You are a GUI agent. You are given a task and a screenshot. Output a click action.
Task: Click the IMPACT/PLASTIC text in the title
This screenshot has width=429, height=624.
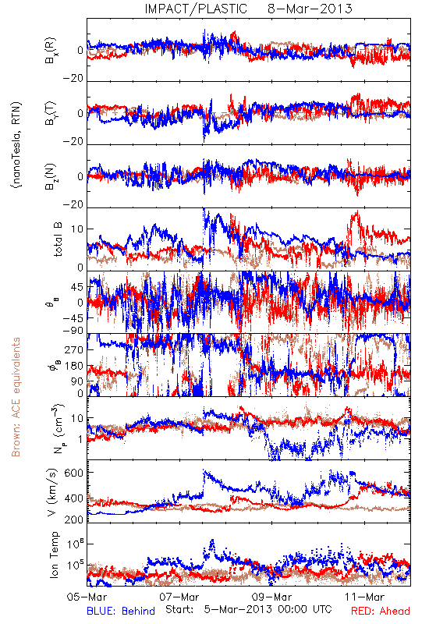coord(196,9)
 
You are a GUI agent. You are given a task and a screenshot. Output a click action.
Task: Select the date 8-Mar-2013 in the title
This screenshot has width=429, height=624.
coord(310,9)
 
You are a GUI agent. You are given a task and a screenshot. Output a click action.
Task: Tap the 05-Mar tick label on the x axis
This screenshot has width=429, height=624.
coord(87,597)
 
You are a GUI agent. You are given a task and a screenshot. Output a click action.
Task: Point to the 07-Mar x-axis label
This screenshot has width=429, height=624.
coord(179,597)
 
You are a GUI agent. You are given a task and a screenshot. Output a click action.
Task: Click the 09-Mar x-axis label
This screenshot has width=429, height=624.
coord(271,597)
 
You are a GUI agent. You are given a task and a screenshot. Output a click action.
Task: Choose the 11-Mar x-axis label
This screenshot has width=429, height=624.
coord(364,597)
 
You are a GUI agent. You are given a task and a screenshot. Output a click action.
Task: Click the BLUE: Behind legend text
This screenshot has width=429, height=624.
coord(121,611)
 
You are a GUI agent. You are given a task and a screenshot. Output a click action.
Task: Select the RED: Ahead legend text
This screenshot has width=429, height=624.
coord(381,611)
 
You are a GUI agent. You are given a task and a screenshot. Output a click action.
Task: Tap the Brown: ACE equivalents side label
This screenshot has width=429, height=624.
coord(16,397)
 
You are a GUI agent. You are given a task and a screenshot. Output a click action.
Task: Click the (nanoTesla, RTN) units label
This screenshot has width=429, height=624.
coord(16,145)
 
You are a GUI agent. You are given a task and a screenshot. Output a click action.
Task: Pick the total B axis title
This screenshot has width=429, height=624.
coord(58,239)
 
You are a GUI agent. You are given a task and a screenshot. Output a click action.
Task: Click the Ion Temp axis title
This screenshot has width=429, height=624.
coord(54,555)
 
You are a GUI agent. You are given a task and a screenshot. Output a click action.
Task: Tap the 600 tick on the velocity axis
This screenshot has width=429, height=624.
coord(74,473)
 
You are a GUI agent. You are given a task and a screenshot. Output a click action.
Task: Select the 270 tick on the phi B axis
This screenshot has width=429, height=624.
coord(74,349)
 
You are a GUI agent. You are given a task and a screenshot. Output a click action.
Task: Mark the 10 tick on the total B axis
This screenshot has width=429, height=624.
coord(77,229)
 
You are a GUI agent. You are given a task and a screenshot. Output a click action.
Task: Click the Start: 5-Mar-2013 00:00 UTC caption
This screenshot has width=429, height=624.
coord(249,609)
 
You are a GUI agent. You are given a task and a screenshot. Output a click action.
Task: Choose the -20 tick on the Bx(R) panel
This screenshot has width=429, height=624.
coord(73,79)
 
